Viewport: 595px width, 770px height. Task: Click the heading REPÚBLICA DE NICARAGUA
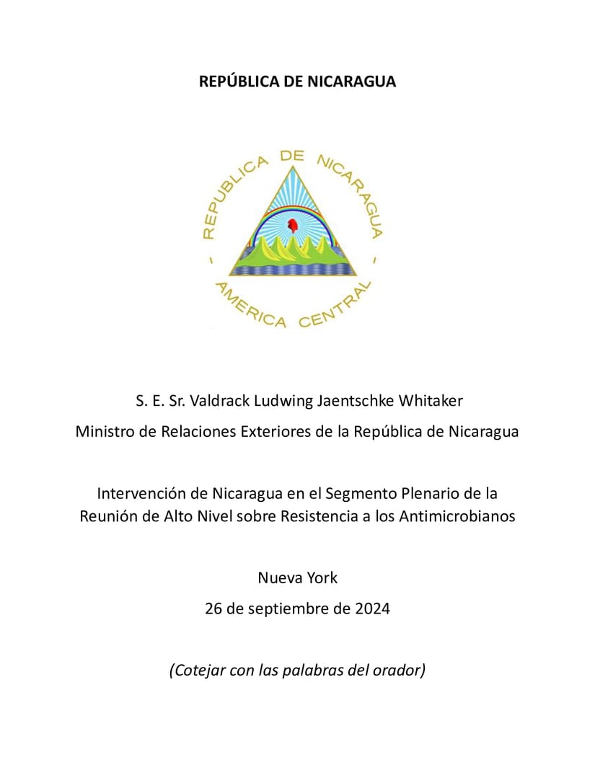click(297, 81)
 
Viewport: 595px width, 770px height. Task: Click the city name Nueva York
click(297, 577)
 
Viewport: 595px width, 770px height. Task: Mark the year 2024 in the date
click(372, 609)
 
